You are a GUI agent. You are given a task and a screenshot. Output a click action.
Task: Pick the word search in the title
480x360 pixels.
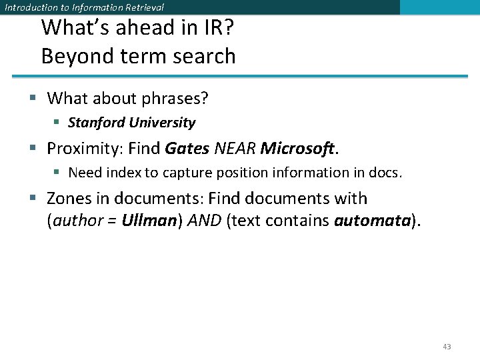(x=205, y=56)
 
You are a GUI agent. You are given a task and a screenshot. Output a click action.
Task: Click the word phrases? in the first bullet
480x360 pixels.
(x=175, y=99)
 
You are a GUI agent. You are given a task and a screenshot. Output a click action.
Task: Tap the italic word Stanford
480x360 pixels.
(x=96, y=123)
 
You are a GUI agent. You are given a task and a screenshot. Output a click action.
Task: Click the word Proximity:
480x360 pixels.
(x=85, y=149)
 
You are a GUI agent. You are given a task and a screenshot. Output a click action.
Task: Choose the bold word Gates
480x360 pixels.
(x=187, y=149)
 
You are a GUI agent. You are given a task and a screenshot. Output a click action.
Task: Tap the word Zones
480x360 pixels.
(x=68, y=199)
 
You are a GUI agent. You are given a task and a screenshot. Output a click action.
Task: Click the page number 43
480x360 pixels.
(x=447, y=347)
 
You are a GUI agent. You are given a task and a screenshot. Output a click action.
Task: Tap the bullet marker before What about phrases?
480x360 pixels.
(x=33, y=99)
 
